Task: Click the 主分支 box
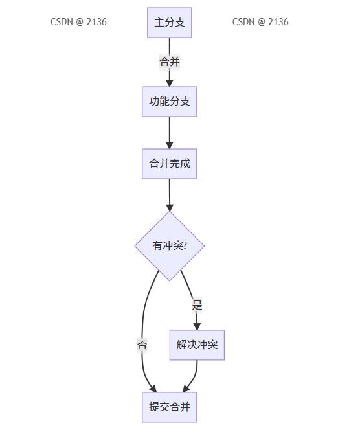pos(169,23)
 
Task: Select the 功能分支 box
pos(169,102)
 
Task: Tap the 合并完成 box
pos(169,164)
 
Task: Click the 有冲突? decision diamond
pos(169,246)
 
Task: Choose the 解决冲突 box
pos(197,345)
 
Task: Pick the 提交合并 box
pos(169,407)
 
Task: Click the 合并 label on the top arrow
pos(169,62)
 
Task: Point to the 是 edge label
pos(197,305)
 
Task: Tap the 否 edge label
pos(142,345)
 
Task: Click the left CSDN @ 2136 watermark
pos(78,22)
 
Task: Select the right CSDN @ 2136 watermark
pos(260,22)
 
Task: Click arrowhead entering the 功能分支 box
pos(169,83)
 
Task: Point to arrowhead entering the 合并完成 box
pos(169,145)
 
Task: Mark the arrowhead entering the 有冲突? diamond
pos(169,207)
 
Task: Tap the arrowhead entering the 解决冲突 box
pos(197,326)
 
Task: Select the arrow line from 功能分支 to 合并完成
pos(169,133)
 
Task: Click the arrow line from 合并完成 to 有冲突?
pos(169,195)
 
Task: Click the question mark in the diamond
pos(185,246)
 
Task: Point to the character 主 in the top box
pos(159,23)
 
